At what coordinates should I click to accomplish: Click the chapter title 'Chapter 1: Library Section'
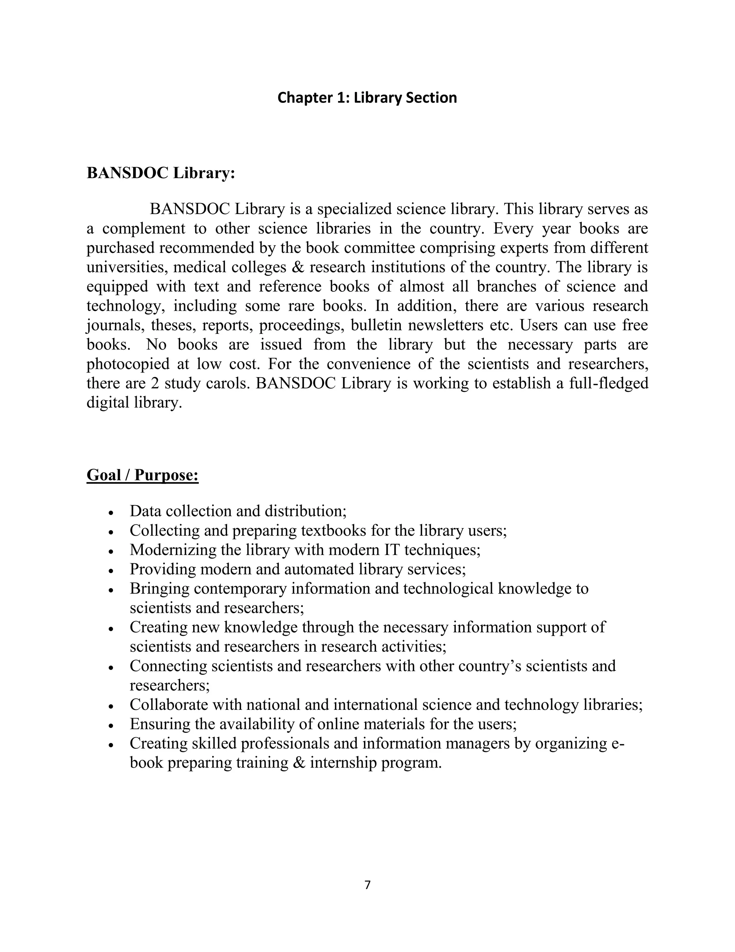367,98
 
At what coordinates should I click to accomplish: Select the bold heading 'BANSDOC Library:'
161,173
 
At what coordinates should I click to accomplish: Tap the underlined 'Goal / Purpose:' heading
142,475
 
